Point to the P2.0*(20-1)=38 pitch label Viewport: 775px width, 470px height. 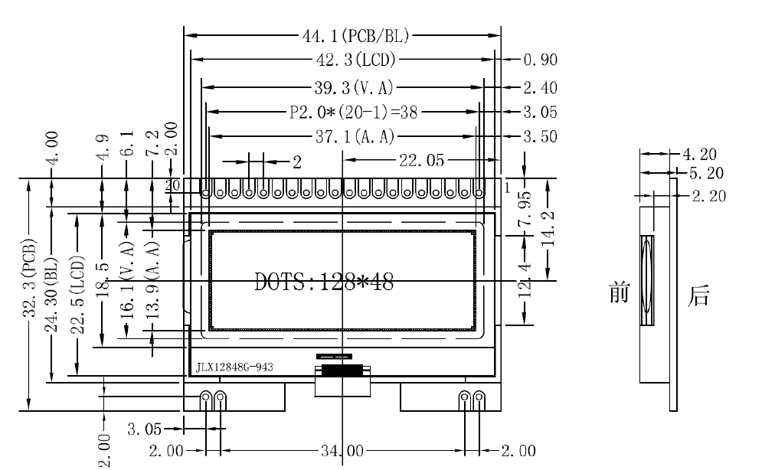354,113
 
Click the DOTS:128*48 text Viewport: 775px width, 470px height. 325,282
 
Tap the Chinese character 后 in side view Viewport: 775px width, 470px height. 698,295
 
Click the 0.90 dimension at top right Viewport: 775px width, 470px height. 540,60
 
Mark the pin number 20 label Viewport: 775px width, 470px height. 173,185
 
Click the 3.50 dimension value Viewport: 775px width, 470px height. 540,137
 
